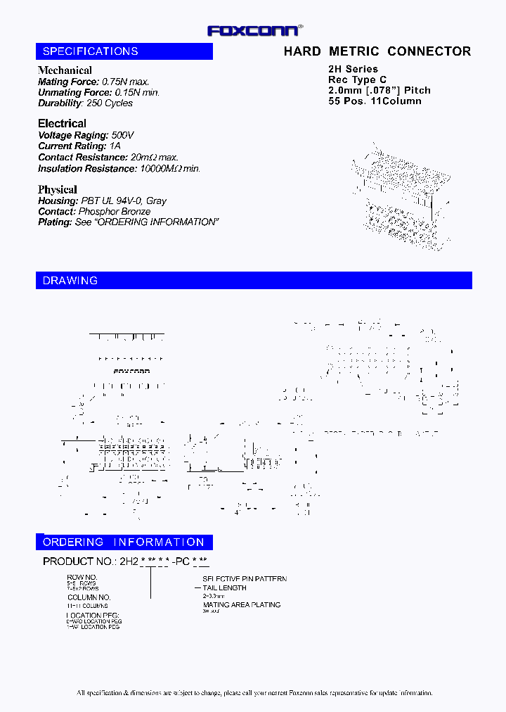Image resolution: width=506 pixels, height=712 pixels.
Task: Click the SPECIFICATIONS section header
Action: pos(91,51)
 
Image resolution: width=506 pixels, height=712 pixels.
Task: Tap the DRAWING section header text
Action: pos(70,281)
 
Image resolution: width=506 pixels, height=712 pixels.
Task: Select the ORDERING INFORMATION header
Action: pos(124,542)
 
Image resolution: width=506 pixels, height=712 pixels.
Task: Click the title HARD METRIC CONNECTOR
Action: pos(377,51)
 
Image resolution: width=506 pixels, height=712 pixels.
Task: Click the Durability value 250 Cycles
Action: pos(110,103)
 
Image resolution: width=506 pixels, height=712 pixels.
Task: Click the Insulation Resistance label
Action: pos(86,169)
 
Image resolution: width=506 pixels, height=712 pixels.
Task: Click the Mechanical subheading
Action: pos(65,70)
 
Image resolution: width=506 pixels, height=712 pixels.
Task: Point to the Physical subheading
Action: pos(58,189)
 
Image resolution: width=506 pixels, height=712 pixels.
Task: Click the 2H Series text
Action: pos(353,69)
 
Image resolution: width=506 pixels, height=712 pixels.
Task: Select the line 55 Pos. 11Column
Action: pos(375,101)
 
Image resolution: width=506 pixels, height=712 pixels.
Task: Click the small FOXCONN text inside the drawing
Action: pos(131,371)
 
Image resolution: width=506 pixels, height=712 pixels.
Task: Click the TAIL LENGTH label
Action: pos(225,587)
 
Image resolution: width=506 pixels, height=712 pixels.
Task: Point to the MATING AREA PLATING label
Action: pos(242,604)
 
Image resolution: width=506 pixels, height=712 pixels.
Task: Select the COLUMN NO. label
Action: pos(89,597)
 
